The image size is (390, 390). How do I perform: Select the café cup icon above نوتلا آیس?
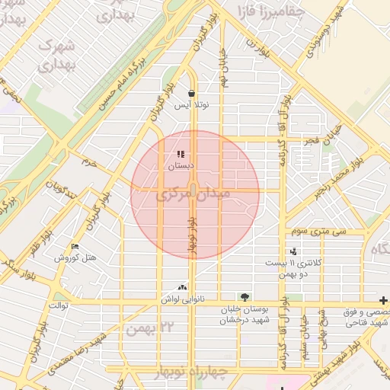click(190, 94)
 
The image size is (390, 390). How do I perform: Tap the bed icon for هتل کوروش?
click(75, 247)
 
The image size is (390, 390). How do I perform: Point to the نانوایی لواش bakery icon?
click(181, 287)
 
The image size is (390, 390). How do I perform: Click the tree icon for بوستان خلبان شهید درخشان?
click(244, 297)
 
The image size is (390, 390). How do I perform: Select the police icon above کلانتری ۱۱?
click(293, 251)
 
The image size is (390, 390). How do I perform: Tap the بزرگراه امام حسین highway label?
click(122, 75)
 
